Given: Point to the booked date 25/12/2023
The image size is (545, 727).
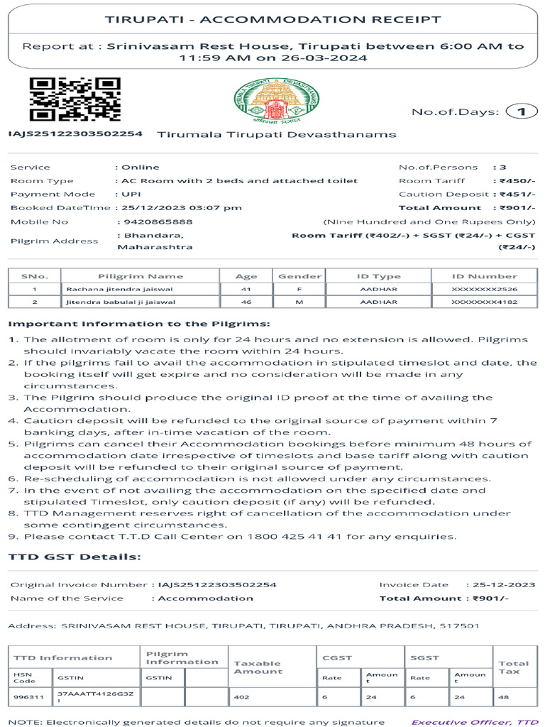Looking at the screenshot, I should tap(146, 207).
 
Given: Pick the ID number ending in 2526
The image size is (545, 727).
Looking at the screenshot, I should tap(485, 289).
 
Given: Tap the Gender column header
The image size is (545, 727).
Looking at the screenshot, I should tap(299, 276).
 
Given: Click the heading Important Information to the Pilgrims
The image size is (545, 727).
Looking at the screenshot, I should tap(139, 323).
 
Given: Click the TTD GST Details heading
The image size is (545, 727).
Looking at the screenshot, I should tap(75, 557).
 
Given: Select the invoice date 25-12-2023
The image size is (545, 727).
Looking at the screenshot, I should tap(505, 584).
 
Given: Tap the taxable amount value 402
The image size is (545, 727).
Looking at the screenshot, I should tap(242, 697).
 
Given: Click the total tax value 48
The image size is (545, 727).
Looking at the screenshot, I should tap(503, 697).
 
